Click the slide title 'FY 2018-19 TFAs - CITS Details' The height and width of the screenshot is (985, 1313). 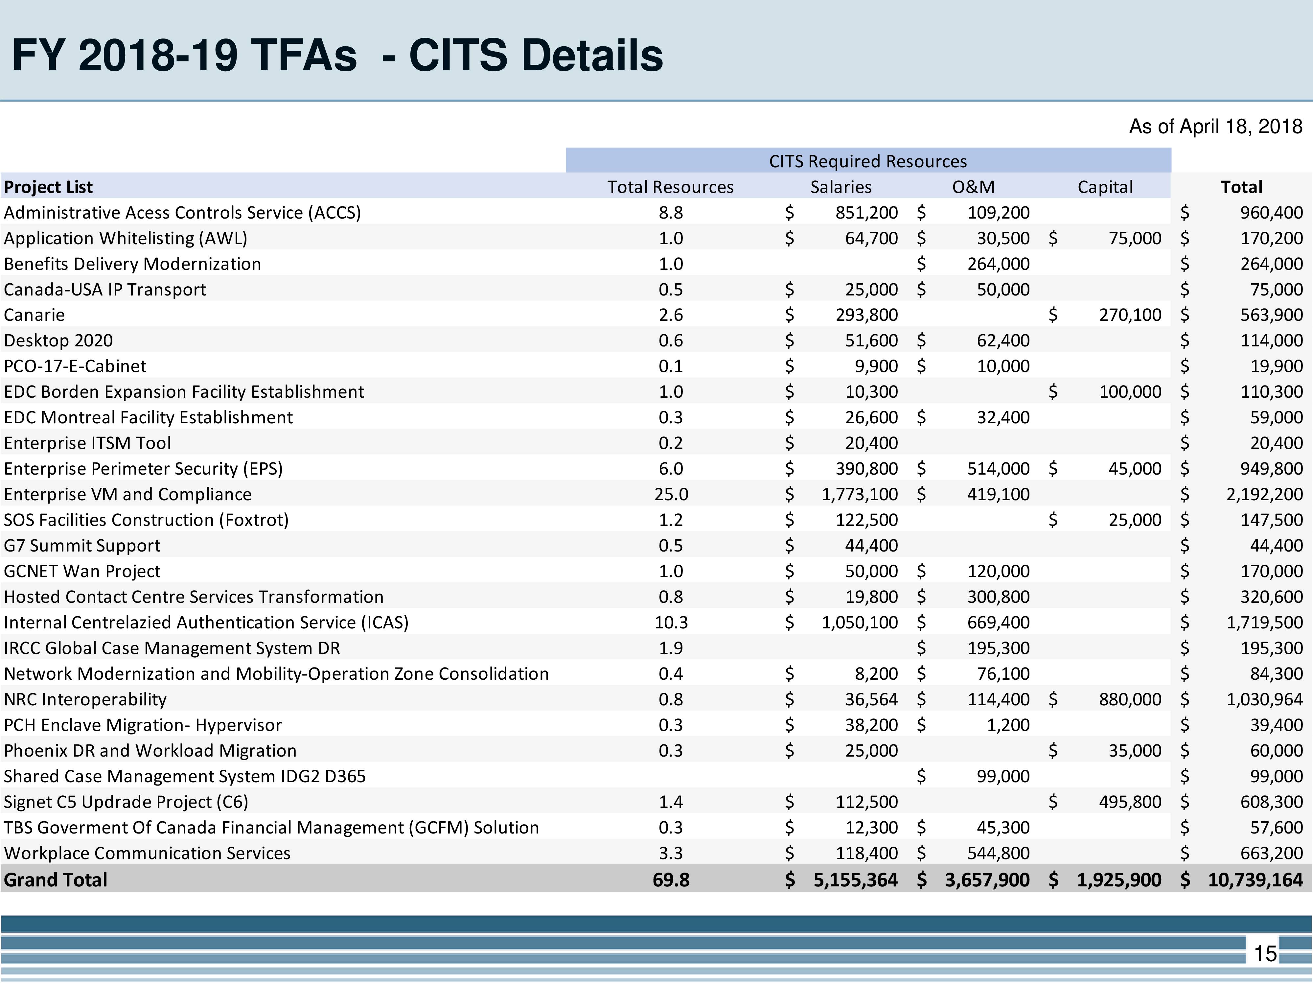337,55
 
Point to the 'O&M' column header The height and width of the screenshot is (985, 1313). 974,187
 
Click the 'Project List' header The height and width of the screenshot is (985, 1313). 48,187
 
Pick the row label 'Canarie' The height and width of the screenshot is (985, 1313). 35,315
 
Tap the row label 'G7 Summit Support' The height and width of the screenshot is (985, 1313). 82,546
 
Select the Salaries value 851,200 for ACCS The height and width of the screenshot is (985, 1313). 867,213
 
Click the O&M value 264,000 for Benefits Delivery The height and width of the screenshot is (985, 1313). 999,264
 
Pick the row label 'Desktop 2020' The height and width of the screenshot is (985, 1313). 58,340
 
